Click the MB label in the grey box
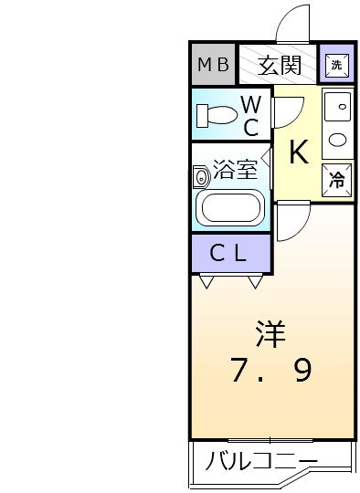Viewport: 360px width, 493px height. [x=212, y=64]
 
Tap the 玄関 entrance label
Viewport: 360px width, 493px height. [x=279, y=64]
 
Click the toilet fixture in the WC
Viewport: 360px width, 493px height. [x=216, y=116]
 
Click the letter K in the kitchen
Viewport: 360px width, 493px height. [x=298, y=152]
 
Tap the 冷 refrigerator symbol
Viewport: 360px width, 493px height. [x=335, y=179]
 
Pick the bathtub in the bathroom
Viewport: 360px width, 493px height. [x=232, y=207]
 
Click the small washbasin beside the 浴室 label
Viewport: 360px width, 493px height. [x=201, y=175]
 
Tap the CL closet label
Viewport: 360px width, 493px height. [x=228, y=254]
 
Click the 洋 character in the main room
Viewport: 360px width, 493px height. [x=270, y=334]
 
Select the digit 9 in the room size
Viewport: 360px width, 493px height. [x=303, y=370]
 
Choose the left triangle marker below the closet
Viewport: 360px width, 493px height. [x=206, y=281]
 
